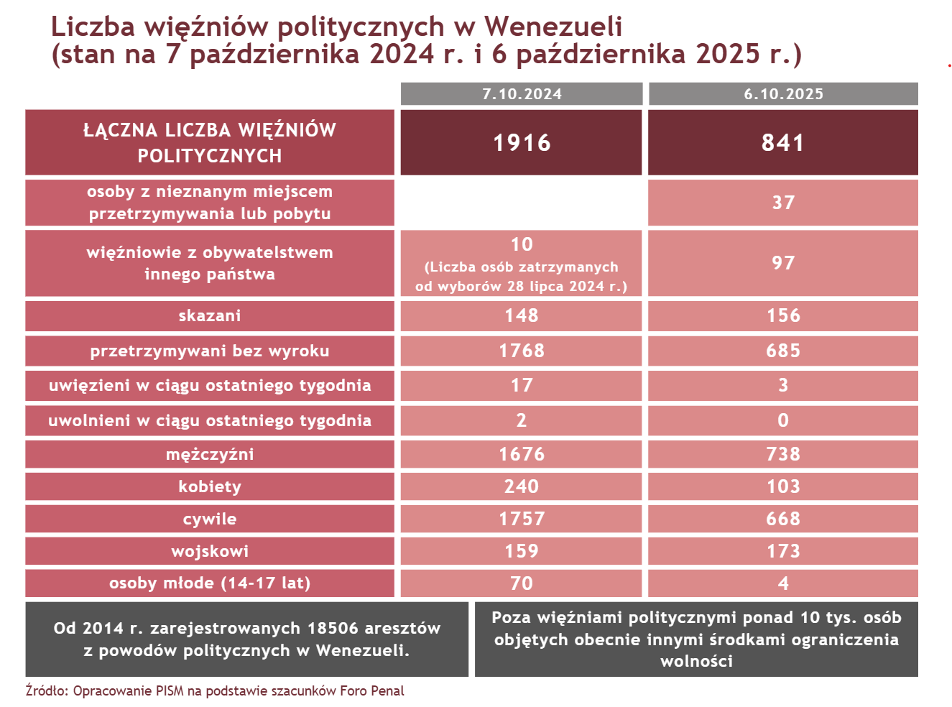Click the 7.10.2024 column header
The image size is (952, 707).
pos(522,94)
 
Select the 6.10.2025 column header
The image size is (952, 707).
pos(783,94)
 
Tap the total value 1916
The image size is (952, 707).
pos(522,143)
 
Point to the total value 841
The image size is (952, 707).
pos(783,143)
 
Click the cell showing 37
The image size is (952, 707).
pos(783,203)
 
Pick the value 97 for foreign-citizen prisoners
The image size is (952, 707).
pos(783,263)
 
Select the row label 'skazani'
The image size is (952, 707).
pos(210,316)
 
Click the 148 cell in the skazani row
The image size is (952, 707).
pos(522,316)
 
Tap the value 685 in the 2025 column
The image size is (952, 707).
pos(783,351)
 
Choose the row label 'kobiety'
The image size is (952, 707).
pos(210,487)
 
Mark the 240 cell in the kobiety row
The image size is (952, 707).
pos(522,487)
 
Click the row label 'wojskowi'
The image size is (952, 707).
pos(210,552)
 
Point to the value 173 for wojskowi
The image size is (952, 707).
pos(783,552)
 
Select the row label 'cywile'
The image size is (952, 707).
pos(210,519)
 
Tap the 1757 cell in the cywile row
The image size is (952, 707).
pos(522,519)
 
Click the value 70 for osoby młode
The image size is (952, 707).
pos(522,583)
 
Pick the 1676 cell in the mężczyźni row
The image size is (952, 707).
pos(522,455)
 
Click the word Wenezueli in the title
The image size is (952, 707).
pos(553,27)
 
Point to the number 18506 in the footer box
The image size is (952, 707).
pos(333,629)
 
